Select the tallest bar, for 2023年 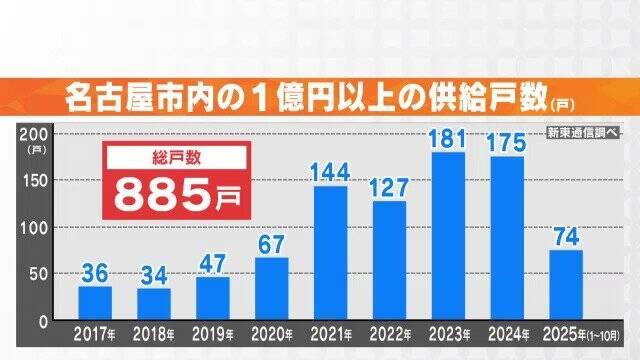point(447,237)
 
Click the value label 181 point(447,138)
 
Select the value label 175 point(506,142)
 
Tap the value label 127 point(389,186)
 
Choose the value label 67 point(271,242)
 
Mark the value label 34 point(154,274)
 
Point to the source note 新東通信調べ point(583,134)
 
